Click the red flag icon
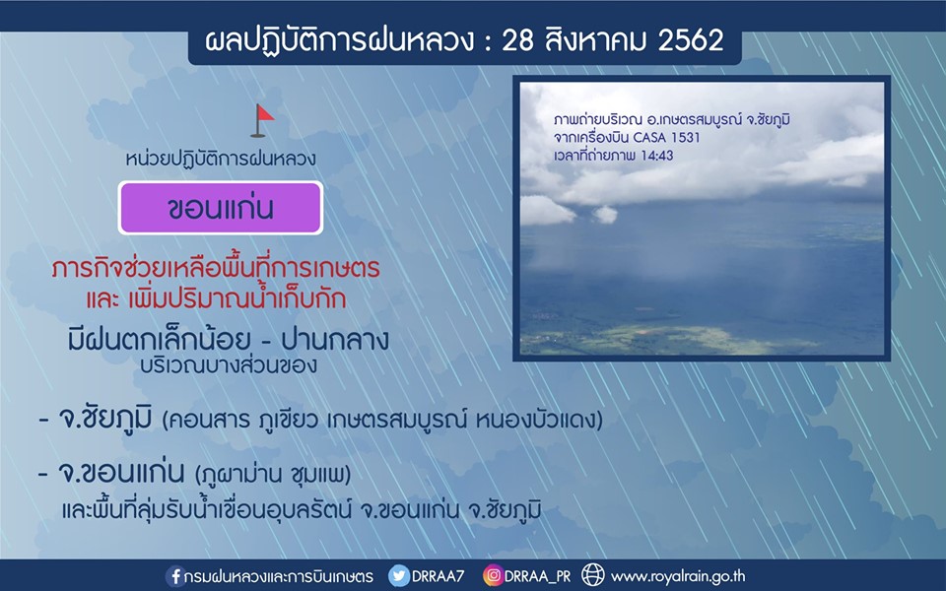tap(262, 120)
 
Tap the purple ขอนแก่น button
tap(221, 208)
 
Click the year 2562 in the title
tap(692, 40)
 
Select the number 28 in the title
tap(517, 40)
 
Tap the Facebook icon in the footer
tap(175, 576)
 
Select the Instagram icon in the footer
tap(493, 576)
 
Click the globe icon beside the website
tap(593, 575)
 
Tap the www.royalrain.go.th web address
tap(678, 576)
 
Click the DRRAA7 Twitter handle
tap(438, 576)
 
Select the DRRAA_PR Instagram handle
tap(538, 576)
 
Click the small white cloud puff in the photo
tap(604, 214)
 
